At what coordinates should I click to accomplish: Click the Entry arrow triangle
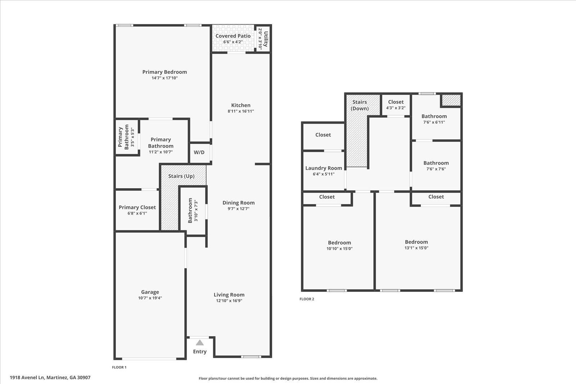click(200, 343)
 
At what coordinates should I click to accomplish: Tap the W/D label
click(199, 152)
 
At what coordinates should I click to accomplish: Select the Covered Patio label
click(233, 36)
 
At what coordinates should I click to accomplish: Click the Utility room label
click(266, 39)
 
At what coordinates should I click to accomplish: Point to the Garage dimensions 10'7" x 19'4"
click(150, 298)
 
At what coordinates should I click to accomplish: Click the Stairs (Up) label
click(181, 176)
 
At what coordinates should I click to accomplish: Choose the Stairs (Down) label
click(360, 105)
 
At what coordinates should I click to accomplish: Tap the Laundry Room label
click(324, 168)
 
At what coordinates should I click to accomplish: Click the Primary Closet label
click(137, 207)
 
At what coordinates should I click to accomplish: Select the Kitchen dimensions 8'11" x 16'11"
click(241, 111)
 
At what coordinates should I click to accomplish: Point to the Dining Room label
click(238, 203)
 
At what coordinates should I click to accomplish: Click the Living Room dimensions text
click(229, 301)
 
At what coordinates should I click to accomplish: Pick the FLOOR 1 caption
click(119, 367)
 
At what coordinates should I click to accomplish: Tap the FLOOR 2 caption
click(307, 299)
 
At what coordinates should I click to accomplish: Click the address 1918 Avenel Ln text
click(50, 378)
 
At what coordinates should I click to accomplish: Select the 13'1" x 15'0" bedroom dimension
click(417, 248)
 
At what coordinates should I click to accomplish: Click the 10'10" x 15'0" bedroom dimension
click(339, 249)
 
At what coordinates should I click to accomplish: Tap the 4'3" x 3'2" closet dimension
click(396, 108)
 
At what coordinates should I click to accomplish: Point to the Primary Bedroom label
click(165, 72)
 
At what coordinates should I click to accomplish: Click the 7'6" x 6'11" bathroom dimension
click(434, 122)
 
